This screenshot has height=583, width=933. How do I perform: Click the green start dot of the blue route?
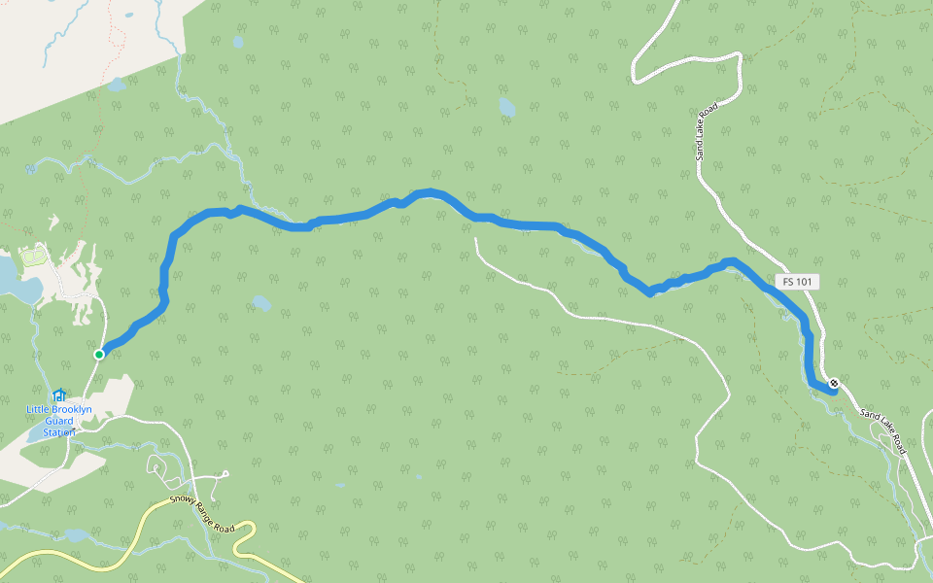(x=99, y=355)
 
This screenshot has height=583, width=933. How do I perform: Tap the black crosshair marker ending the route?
(x=834, y=382)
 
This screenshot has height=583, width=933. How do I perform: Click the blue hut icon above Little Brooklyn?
(x=59, y=395)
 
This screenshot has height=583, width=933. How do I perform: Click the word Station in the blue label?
(x=57, y=431)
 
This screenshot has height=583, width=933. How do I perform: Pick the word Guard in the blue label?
(x=58, y=421)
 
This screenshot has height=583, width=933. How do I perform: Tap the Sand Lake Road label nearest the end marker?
(x=882, y=430)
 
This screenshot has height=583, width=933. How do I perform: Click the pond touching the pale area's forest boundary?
(x=116, y=85)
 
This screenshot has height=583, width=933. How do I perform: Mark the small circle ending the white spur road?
(x=225, y=473)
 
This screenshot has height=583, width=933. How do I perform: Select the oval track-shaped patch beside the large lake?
(x=32, y=257)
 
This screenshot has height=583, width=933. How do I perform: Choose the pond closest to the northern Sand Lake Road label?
(x=506, y=107)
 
